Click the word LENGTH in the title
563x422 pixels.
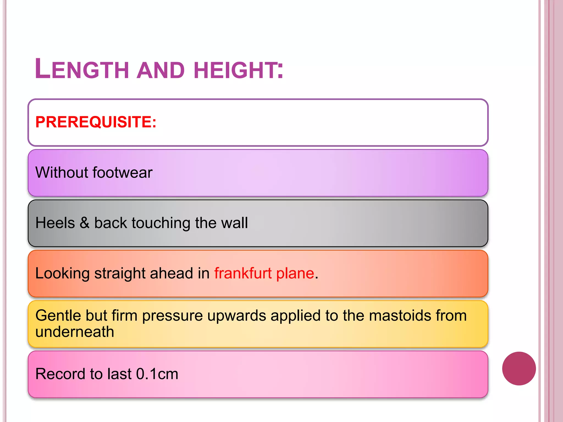(82, 69)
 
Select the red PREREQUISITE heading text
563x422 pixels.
(96, 122)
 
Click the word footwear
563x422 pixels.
(123, 173)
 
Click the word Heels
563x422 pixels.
(55, 223)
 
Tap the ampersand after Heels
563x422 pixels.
(85, 223)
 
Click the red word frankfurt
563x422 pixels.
(243, 273)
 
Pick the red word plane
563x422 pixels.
(295, 273)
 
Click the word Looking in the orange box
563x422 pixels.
(62, 273)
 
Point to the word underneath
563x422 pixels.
(75, 332)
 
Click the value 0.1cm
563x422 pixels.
(157, 374)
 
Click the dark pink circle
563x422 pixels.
(519, 368)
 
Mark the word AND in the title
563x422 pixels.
(161, 70)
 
